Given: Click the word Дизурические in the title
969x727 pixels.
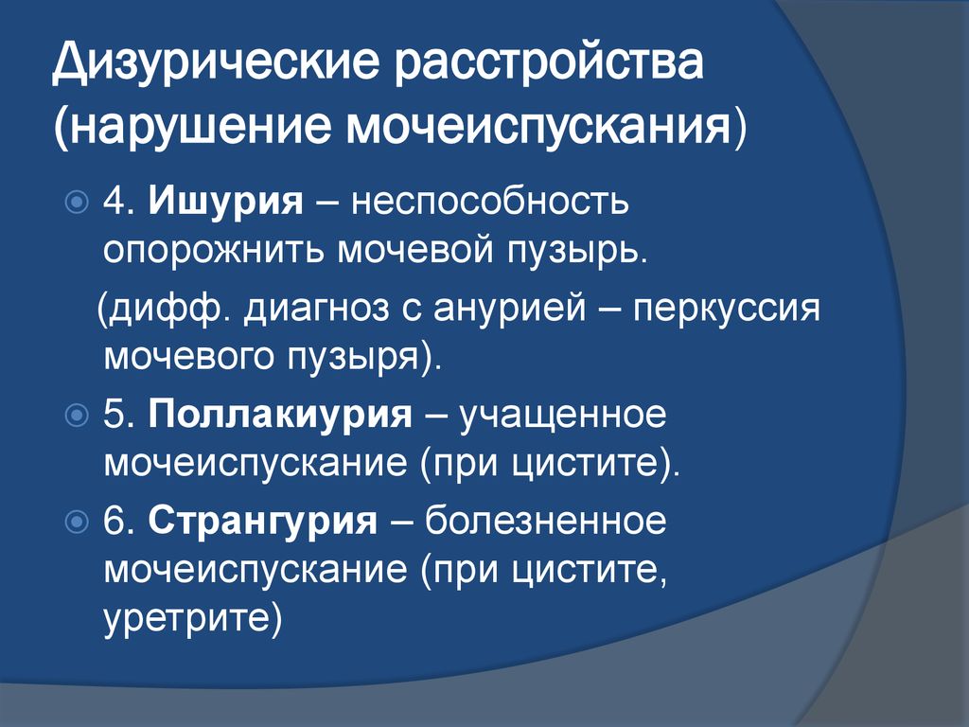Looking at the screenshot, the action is (x=215, y=63).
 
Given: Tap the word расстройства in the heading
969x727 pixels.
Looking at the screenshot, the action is (x=549, y=63).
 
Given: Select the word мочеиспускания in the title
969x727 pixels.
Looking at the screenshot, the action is (x=538, y=128).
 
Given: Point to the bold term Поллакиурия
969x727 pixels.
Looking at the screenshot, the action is (x=280, y=415).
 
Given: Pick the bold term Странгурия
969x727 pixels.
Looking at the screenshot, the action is (x=263, y=521).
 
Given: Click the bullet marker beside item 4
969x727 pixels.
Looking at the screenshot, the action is (x=77, y=203).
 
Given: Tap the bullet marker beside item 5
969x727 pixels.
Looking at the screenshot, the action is (x=77, y=415).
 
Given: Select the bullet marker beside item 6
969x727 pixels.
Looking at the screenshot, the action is (x=77, y=522).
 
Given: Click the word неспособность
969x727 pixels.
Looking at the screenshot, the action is (x=489, y=201).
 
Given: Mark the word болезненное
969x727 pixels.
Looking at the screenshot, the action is (x=546, y=521).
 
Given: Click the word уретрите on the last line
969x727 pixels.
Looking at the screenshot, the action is (x=186, y=618).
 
